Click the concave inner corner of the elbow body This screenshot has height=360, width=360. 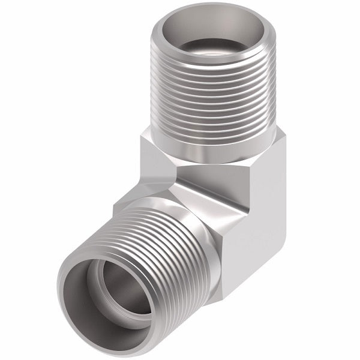[174, 180]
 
